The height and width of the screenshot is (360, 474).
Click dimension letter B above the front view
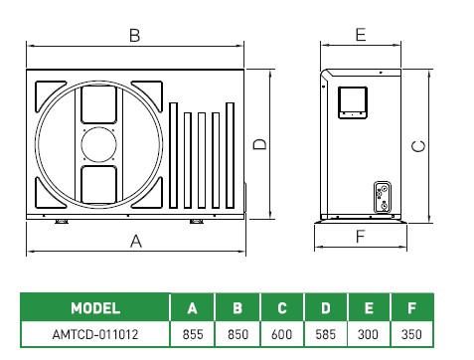pyautogui.click(x=135, y=35)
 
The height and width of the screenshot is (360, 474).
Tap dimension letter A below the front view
pyautogui.click(x=136, y=241)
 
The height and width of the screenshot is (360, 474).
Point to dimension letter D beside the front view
pyautogui.click(x=259, y=144)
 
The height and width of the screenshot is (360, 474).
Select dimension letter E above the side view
pyautogui.click(x=361, y=35)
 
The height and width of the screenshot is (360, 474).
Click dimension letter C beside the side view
pyautogui.click(x=418, y=146)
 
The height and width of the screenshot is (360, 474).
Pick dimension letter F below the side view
pyautogui.click(x=360, y=237)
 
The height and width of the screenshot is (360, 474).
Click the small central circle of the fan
pyautogui.click(x=98, y=145)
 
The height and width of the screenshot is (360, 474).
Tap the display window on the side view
pyautogui.click(x=353, y=102)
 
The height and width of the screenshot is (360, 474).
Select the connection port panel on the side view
pyautogui.click(x=383, y=197)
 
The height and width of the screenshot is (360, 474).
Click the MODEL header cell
pyautogui.click(x=95, y=308)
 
